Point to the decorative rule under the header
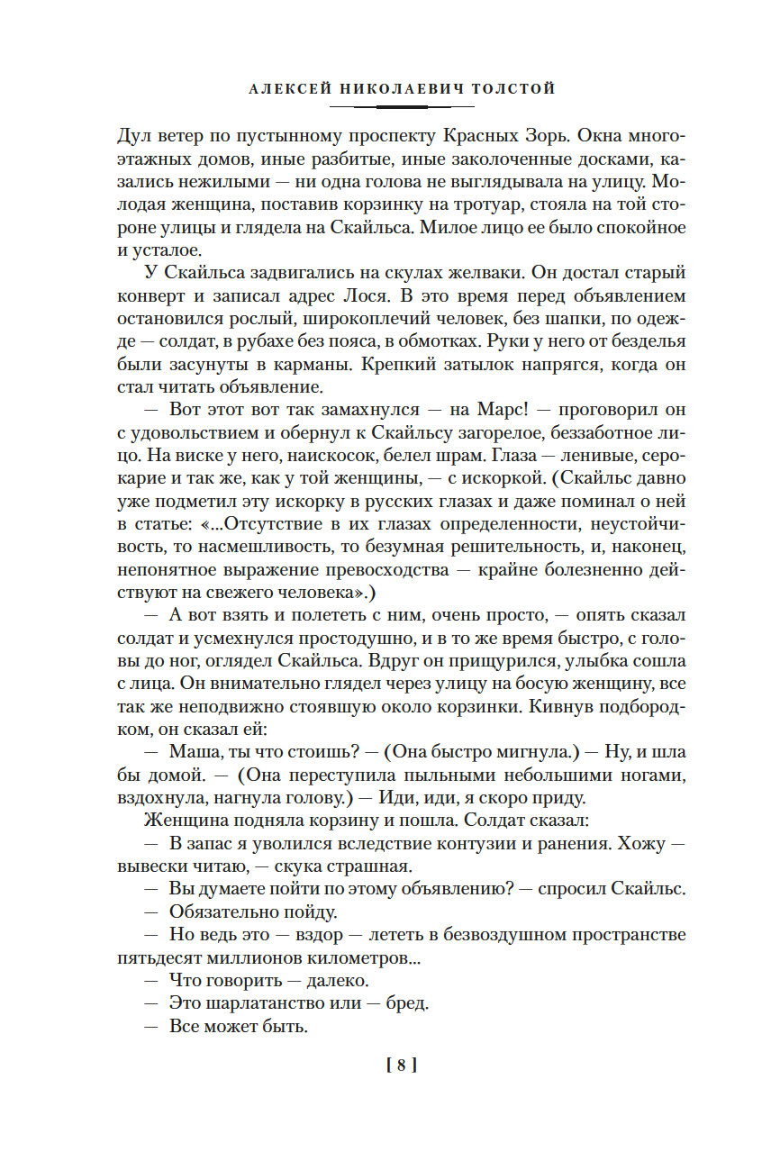402,106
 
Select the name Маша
194,751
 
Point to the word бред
413,1002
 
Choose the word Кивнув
558,704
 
